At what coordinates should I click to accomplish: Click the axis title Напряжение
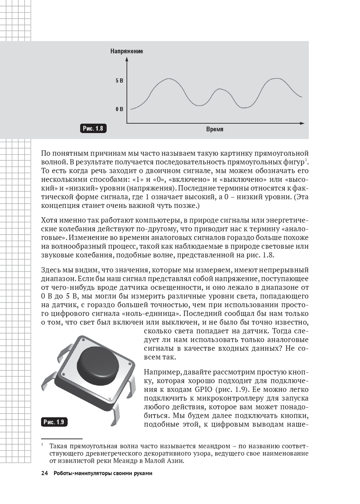(126, 51)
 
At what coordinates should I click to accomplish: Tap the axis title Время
(215, 129)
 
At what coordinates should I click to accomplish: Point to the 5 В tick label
(119, 81)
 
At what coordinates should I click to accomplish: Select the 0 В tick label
(119, 109)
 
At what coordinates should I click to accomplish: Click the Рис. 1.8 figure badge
(93, 128)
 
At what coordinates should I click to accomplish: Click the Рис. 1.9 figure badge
(54, 422)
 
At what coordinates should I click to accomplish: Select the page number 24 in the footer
(45, 473)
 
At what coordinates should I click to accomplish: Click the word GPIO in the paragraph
(203, 390)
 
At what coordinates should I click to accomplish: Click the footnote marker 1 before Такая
(42, 445)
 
